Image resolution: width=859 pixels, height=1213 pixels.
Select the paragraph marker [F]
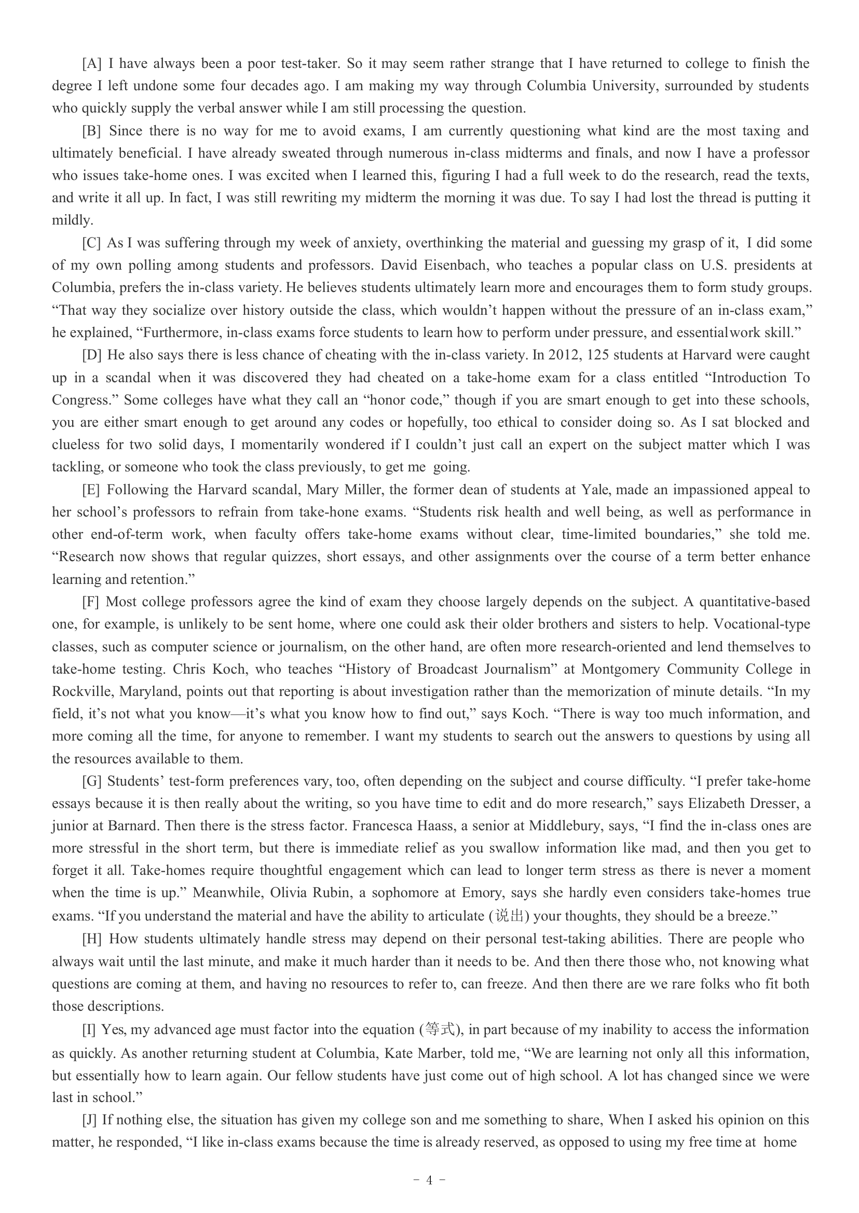(91, 602)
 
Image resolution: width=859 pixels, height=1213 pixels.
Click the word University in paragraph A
(625, 86)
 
